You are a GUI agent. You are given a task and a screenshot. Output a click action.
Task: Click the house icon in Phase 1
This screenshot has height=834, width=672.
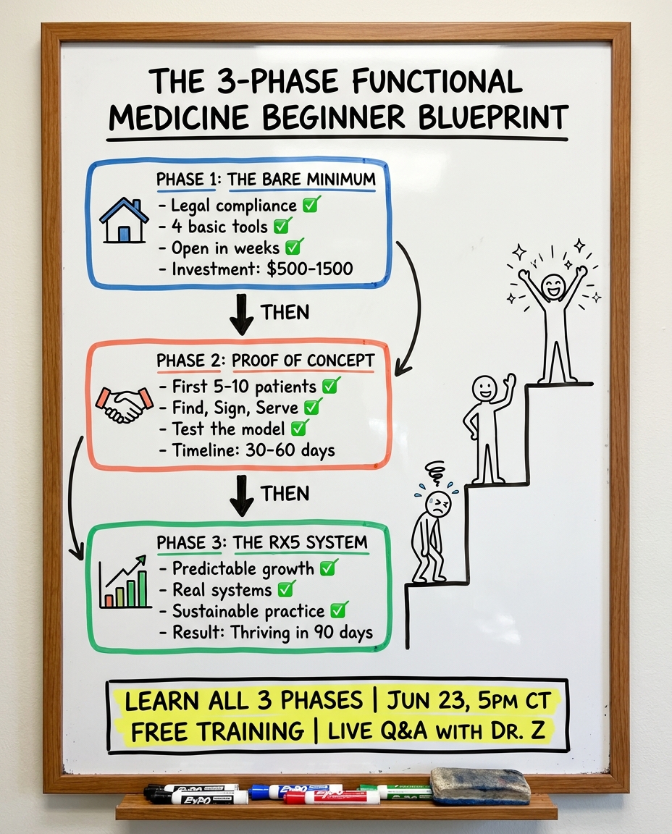coord(124,220)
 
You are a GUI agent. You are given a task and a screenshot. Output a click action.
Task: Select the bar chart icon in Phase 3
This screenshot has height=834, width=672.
coord(125,582)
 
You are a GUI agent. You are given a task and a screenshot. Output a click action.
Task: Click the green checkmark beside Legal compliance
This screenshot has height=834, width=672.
coord(312,204)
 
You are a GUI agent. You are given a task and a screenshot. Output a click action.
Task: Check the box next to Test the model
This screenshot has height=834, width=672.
coord(300,428)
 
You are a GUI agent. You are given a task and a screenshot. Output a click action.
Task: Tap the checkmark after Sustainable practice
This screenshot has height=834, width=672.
coord(340,610)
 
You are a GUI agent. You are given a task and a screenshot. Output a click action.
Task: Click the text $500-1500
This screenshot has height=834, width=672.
coord(310,269)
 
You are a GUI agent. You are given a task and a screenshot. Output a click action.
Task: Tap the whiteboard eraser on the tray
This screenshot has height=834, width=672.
coord(480,786)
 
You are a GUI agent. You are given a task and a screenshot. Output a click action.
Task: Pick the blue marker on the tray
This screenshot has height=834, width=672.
coord(296,791)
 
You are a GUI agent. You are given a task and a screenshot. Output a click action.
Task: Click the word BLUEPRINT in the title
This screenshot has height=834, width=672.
coord(493,117)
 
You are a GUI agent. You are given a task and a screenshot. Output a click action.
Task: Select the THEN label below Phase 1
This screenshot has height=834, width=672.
coord(285,312)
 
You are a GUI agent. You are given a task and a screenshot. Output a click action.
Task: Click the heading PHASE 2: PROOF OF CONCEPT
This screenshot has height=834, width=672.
coord(266,361)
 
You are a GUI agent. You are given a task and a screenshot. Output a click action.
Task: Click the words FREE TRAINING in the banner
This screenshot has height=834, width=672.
coord(217,732)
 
